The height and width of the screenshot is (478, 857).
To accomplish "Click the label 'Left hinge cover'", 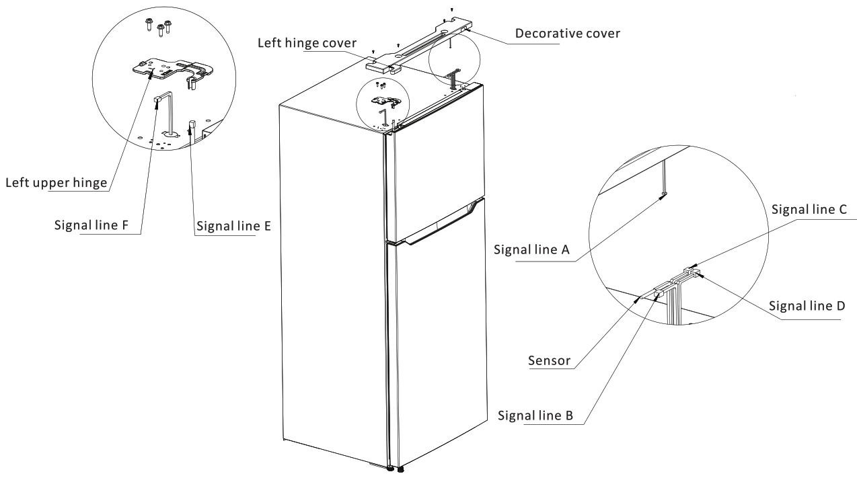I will (x=307, y=43).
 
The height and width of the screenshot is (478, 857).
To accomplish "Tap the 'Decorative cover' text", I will (x=566, y=33).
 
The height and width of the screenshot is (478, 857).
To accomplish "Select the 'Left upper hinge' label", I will (x=57, y=182).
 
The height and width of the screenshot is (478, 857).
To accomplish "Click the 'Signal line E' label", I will (x=233, y=227).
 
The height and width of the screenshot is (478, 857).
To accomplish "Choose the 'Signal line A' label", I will (x=531, y=249).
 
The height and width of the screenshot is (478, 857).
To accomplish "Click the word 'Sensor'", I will (x=549, y=361).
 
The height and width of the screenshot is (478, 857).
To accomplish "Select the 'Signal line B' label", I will (x=535, y=415).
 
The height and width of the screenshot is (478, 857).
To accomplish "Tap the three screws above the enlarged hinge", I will (x=159, y=27).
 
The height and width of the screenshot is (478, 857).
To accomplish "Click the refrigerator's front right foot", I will (x=401, y=469).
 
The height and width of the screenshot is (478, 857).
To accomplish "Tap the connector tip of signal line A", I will (x=665, y=194).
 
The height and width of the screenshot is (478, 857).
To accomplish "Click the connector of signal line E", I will (x=192, y=124).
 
